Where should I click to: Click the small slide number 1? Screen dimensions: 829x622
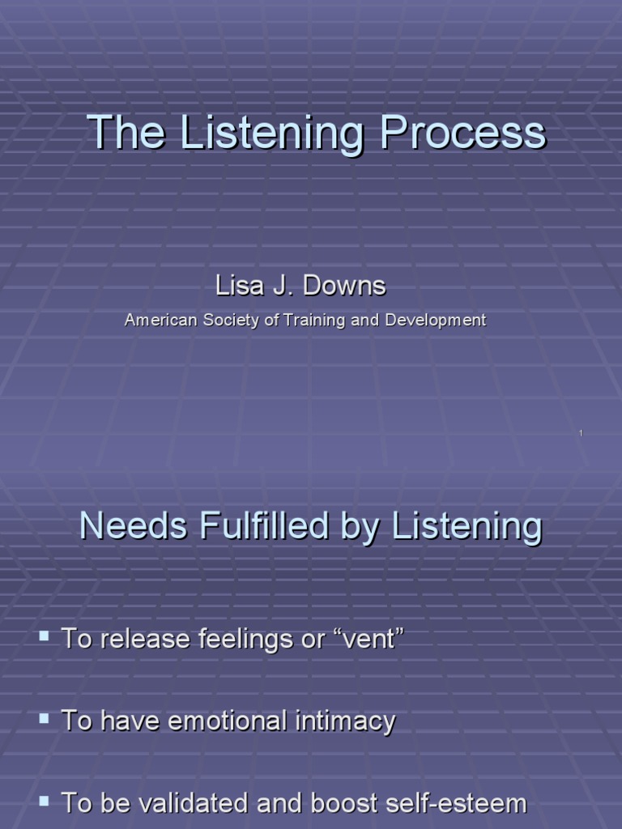pos(582,434)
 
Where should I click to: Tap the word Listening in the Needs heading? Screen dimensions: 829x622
pos(466,527)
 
